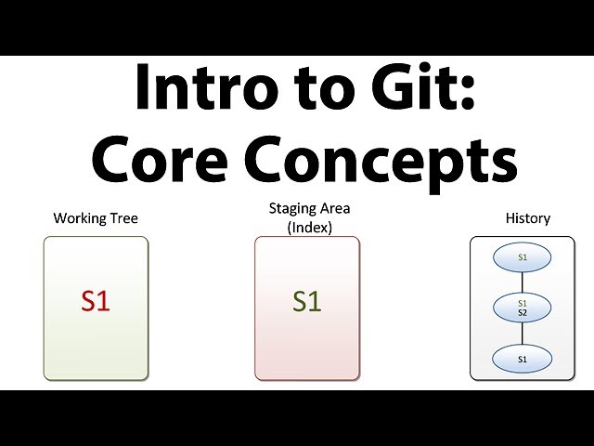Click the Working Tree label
point(96,218)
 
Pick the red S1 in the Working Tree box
point(96,301)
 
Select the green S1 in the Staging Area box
point(306,301)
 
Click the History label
point(527,218)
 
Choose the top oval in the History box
point(523,256)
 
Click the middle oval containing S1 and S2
point(523,308)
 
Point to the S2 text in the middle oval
point(523,313)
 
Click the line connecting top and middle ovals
point(523,282)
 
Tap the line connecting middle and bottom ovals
point(523,334)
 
